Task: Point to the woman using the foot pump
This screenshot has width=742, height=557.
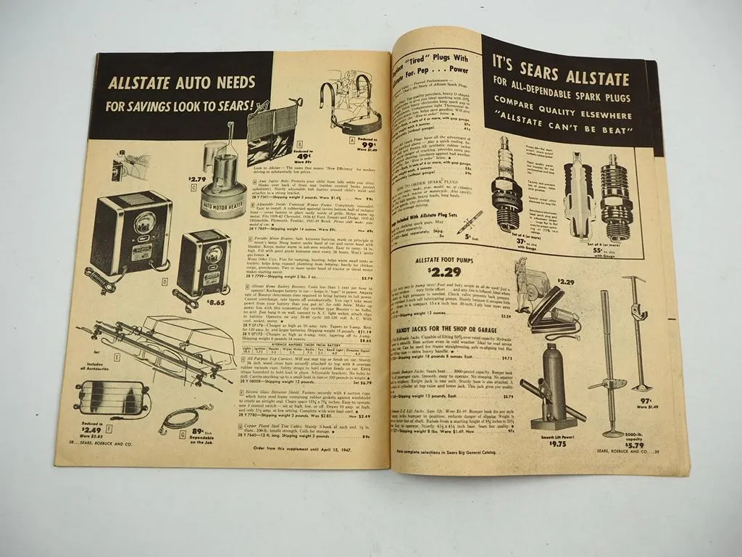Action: pyautogui.click(x=523, y=281)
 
